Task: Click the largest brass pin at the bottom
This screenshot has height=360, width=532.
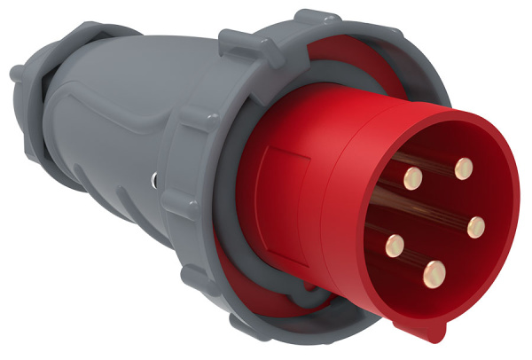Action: (x=434, y=270)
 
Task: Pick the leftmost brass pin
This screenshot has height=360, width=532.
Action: (x=393, y=240)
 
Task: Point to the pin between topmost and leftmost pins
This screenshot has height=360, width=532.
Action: (x=411, y=179)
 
